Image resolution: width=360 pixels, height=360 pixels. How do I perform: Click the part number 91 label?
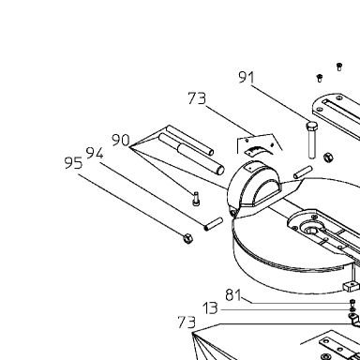pos(247,77)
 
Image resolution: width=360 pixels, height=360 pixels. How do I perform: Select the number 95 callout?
pos(73,163)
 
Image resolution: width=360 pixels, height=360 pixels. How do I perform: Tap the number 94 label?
pos(95,153)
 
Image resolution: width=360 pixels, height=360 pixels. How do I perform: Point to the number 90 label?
pos(121,140)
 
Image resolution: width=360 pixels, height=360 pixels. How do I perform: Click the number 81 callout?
pos(233,295)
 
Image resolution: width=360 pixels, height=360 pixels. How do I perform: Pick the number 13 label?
pos(210,308)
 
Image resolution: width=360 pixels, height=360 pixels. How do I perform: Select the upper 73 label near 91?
pos(197,98)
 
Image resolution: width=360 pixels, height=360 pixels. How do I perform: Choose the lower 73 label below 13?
pos(187,322)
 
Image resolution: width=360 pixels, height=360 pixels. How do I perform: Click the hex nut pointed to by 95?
pos(187,238)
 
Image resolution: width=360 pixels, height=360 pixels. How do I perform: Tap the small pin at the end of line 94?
pos(214,224)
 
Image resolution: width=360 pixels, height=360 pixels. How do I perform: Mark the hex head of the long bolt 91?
pos(311,127)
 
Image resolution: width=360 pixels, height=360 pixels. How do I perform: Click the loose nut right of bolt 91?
pos(328,157)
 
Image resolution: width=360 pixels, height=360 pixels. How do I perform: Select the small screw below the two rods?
pos(196,199)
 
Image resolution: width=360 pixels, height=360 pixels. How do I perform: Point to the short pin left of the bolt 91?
pos(303,172)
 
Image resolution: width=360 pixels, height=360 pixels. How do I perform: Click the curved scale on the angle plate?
pos(254,150)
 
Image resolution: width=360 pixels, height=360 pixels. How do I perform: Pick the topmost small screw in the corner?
pos(339,67)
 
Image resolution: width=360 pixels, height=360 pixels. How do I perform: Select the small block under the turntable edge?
pos(351,286)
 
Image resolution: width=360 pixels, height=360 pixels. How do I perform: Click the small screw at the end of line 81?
pos(352,302)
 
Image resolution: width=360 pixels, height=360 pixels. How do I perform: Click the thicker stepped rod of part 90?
pos(191,154)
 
